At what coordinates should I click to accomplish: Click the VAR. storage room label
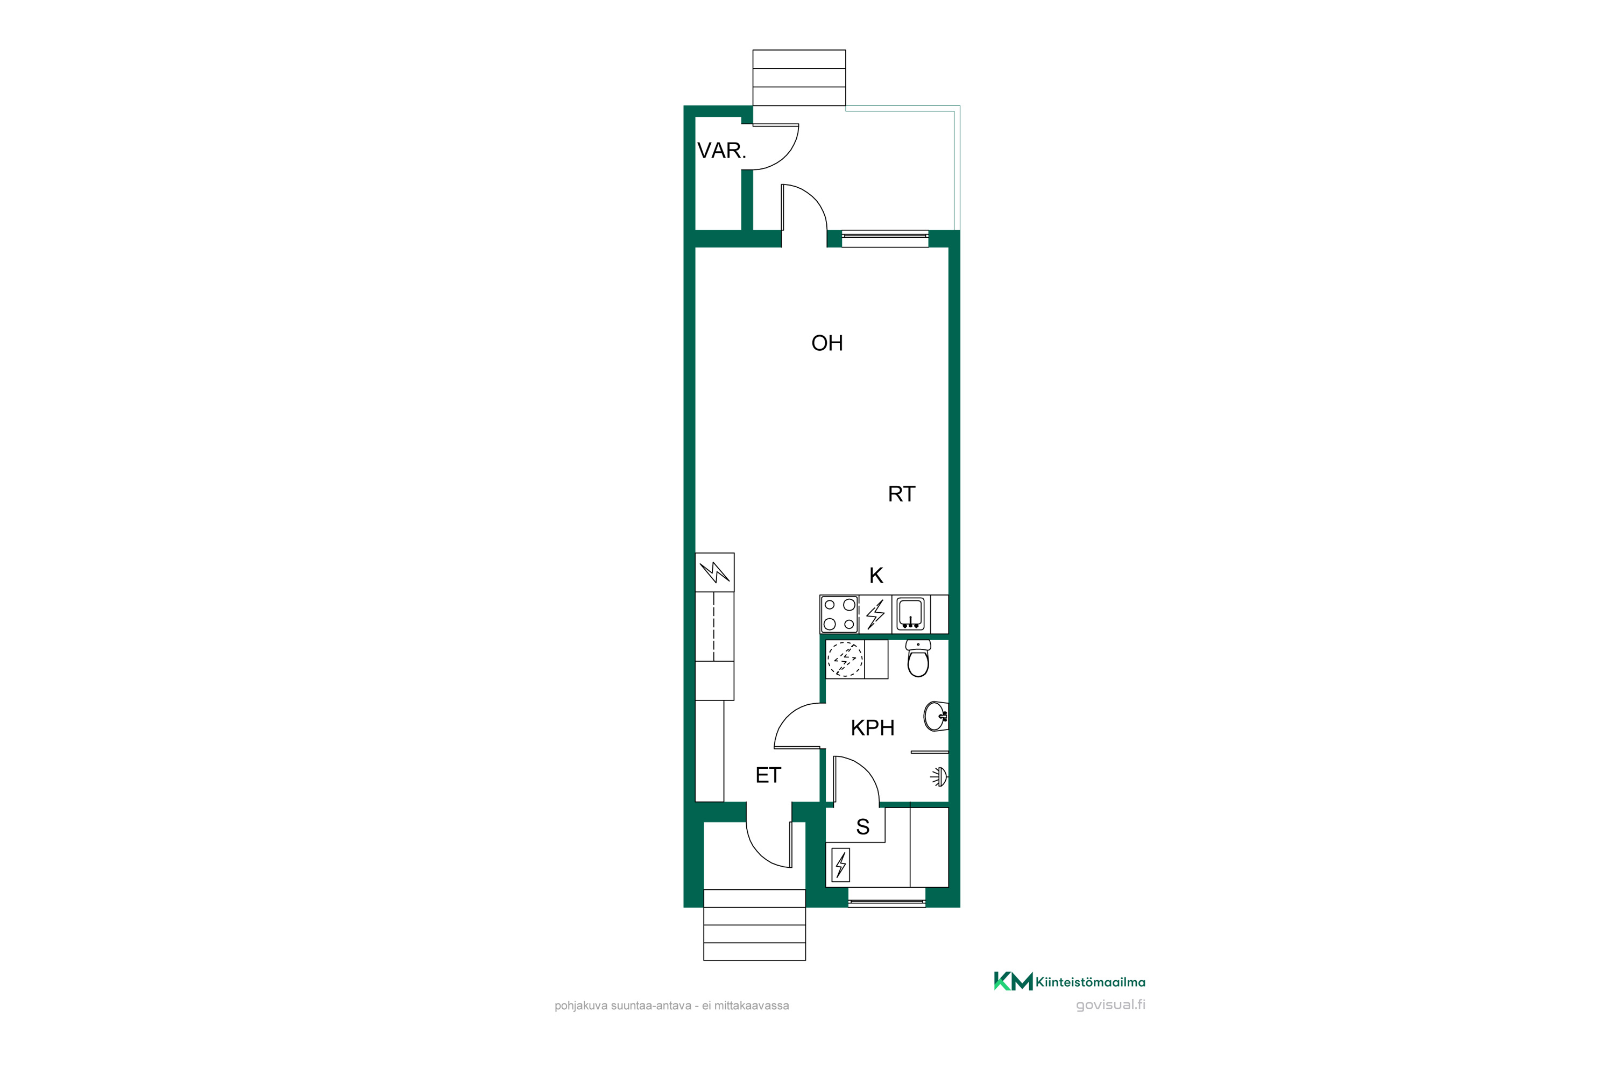click(x=721, y=150)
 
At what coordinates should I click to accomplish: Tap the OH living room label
click(x=827, y=343)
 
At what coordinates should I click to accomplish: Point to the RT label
click(x=901, y=494)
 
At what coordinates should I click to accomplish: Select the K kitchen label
click(x=876, y=575)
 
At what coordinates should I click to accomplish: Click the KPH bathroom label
click(x=872, y=727)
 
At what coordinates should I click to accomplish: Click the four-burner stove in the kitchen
click(x=839, y=614)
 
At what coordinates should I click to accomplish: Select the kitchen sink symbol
click(x=911, y=613)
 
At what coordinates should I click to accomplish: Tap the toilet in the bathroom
click(x=918, y=658)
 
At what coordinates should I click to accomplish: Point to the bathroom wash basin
click(x=937, y=717)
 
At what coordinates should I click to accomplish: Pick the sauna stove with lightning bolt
click(x=840, y=865)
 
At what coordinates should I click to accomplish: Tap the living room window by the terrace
click(x=885, y=238)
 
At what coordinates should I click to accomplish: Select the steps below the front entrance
click(x=754, y=924)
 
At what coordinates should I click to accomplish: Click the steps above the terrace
click(x=799, y=77)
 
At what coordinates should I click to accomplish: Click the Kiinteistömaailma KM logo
click(x=1069, y=981)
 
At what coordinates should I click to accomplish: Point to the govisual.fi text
click(x=1110, y=1006)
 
